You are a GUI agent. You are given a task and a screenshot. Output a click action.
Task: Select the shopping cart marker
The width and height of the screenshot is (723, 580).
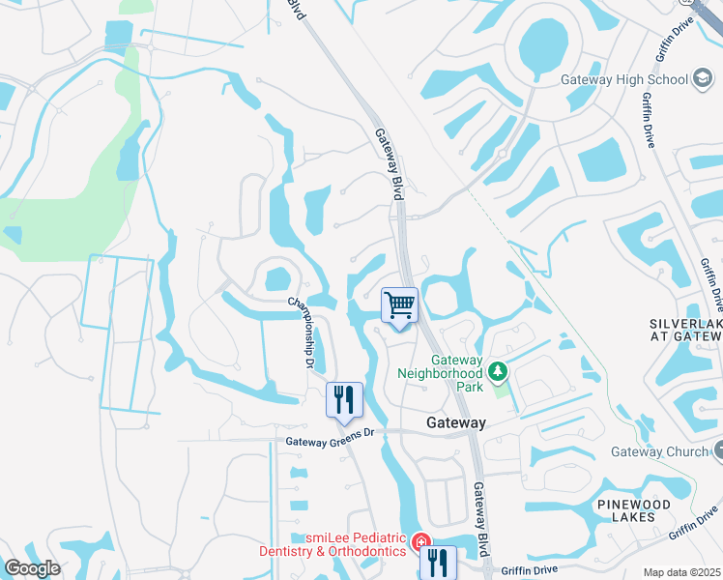coord(399,305)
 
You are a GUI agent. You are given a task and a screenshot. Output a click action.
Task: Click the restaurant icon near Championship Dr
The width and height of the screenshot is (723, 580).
coord(344,399)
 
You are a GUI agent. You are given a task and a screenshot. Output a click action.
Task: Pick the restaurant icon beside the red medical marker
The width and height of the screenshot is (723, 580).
coord(439,563)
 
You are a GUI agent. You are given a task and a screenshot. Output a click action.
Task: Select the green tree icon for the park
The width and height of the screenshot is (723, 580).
coord(498,371)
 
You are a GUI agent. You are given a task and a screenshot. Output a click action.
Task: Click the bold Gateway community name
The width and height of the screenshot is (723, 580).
coord(455,423)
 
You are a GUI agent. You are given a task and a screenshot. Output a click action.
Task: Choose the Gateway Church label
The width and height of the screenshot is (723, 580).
coord(660,451)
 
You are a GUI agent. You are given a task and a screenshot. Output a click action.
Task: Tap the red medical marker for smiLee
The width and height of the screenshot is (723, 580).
coord(420,543)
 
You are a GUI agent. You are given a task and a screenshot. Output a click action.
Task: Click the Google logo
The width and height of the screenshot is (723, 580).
coord(33,568)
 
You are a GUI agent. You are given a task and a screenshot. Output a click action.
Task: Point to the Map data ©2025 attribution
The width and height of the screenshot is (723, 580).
coord(680,572)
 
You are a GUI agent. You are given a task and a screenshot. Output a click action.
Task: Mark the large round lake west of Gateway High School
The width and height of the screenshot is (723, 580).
coord(543,44)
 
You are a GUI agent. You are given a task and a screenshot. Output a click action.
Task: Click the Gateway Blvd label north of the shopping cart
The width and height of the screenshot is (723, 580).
coord(389,164)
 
